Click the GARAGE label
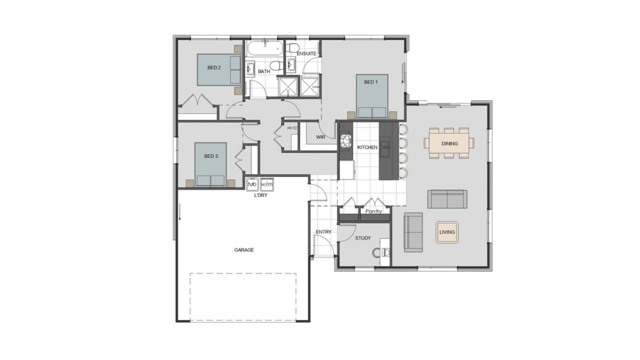pyautogui.click(x=244, y=250)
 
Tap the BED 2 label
pyautogui.click(x=214, y=68)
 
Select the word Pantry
pyautogui.click(x=373, y=211)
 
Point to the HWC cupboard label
pyautogui.click(x=292, y=128)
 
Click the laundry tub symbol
pyautogui.click(x=252, y=184)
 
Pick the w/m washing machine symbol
pyautogui.click(x=267, y=184)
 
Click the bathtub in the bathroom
pyautogui.click(x=265, y=49)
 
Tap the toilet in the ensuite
pyautogui.click(x=293, y=47)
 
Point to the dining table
pyautogui.click(x=449, y=144)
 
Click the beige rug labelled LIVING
pyautogui.click(x=447, y=232)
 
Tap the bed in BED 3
pyautogui.click(x=211, y=164)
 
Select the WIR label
pyautogui.click(x=320, y=137)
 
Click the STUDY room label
pyautogui.click(x=363, y=238)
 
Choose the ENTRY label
pyautogui.click(x=324, y=232)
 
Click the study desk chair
pyautogui.click(x=377, y=253)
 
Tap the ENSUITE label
pyautogui.click(x=306, y=54)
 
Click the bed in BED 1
pyautogui.click(x=372, y=96)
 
